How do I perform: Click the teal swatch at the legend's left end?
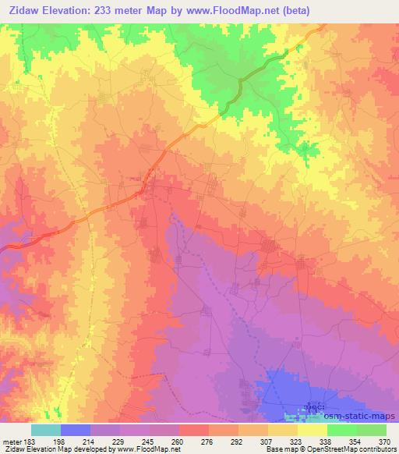(x=46, y=430)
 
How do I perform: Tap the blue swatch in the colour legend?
(x=76, y=430)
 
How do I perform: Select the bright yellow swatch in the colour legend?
(x=312, y=430)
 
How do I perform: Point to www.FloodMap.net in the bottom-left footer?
(x=147, y=450)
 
